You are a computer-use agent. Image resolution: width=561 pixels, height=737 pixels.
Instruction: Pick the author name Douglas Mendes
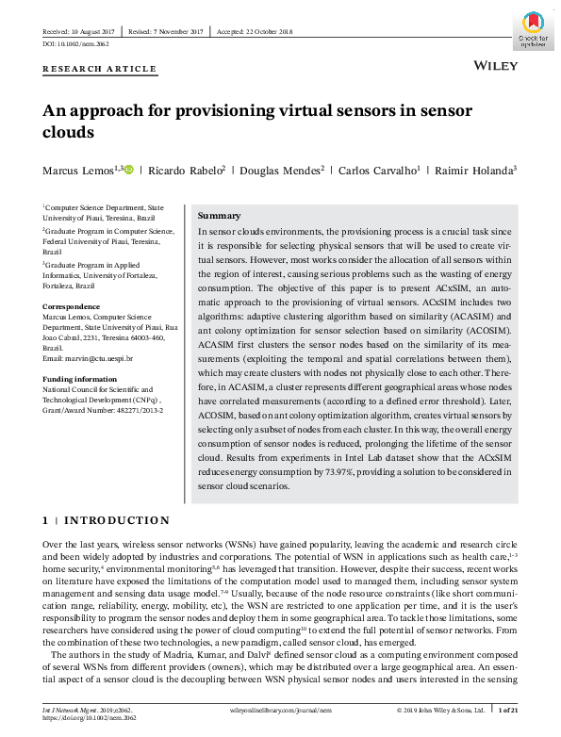pyautogui.click(x=281, y=171)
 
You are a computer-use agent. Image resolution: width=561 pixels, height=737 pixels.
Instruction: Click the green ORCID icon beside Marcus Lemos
pyautogui.click(x=128, y=170)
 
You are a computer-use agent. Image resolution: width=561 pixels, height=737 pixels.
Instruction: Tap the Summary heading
pyautogui.click(x=219, y=216)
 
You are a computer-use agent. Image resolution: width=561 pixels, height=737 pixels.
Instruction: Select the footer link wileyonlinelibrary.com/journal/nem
pyautogui.click(x=281, y=709)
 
